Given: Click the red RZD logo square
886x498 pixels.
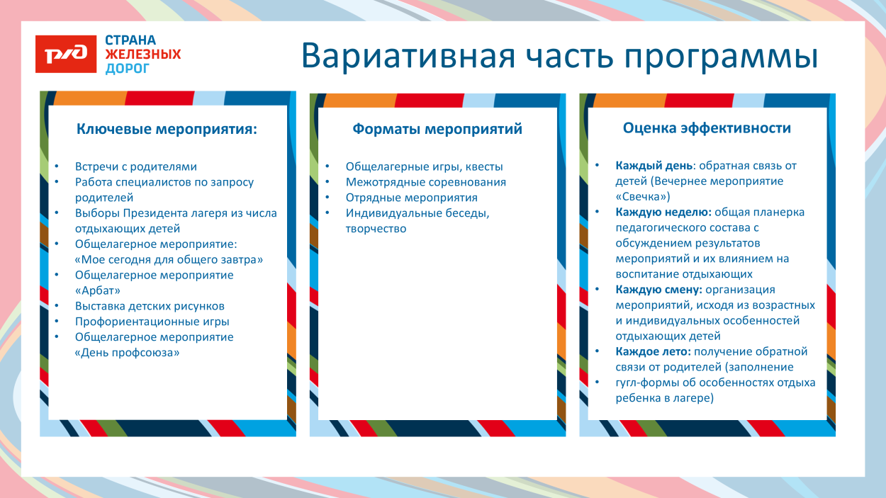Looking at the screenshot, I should [66, 54].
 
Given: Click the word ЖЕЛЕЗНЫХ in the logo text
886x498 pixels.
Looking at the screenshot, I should [142, 55].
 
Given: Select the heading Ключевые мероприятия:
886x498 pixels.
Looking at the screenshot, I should [167, 130].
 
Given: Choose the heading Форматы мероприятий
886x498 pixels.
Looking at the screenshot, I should [437, 129].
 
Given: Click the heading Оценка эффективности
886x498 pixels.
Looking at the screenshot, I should [707, 128].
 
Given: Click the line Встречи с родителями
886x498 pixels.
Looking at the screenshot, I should [136, 167].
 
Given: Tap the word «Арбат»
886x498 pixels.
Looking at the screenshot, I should [97, 290].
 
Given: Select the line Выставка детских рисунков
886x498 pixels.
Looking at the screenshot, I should [150, 306].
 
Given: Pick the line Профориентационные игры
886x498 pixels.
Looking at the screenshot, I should [142, 322].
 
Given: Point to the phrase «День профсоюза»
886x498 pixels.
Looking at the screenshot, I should [127, 353].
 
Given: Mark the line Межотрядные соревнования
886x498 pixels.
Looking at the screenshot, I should [426, 183].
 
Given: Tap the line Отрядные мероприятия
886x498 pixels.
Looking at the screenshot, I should [412, 198].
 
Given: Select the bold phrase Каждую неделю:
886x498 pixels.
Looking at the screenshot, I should [663, 213].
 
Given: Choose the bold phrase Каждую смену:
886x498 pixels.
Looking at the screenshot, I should [659, 290].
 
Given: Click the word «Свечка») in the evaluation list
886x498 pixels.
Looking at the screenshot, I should [643, 197].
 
